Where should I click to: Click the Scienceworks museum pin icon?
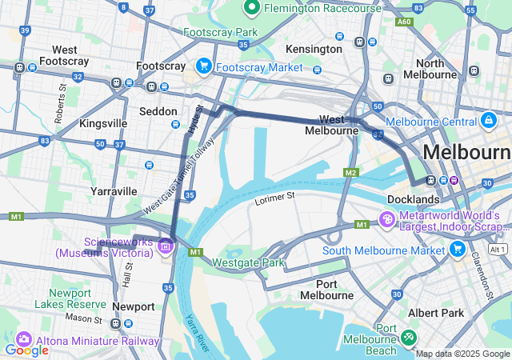point(166,246)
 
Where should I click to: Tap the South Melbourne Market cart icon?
point(458,250)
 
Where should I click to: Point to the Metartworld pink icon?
point(386,218)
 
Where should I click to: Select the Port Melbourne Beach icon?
point(410,338)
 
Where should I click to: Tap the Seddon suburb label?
point(158,111)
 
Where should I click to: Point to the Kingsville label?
point(102,123)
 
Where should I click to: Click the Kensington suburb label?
point(314,49)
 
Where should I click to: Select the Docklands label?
point(413,198)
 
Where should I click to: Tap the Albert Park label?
point(434,313)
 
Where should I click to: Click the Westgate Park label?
point(249,262)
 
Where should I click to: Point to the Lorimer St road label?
point(275,195)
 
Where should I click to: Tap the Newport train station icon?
point(116,323)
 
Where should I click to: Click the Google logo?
point(26,350)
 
